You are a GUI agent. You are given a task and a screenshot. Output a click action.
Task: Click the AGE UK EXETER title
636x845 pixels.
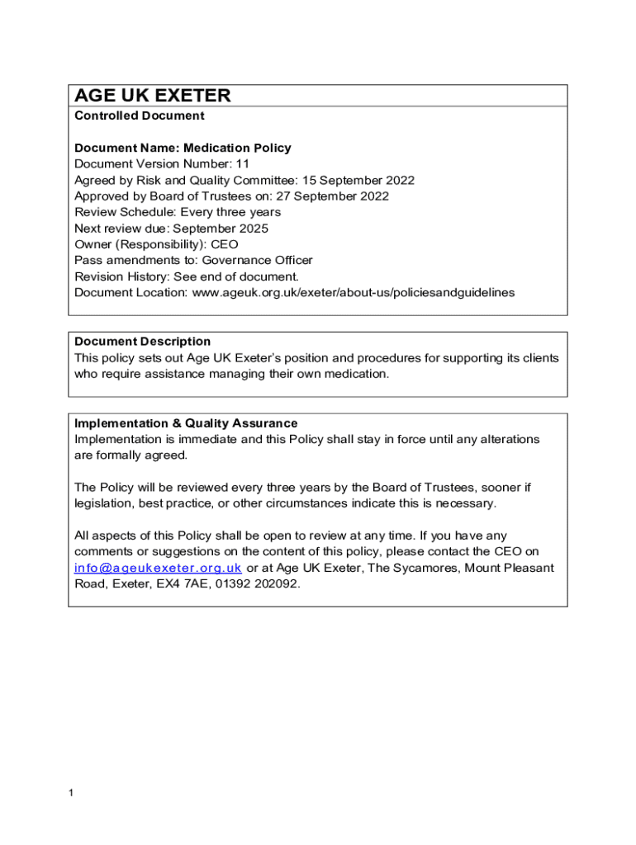click(x=153, y=96)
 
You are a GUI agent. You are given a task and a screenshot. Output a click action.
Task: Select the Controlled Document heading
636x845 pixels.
click(x=139, y=116)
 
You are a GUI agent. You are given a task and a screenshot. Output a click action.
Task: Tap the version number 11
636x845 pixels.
click(x=242, y=164)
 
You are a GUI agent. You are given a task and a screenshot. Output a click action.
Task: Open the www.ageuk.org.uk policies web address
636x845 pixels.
click(x=354, y=293)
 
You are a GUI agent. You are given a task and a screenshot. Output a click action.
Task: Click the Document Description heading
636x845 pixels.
click(x=142, y=342)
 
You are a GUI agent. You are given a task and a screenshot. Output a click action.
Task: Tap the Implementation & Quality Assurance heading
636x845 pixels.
click(x=186, y=423)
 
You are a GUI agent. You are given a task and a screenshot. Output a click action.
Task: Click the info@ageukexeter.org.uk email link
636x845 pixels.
click(x=158, y=569)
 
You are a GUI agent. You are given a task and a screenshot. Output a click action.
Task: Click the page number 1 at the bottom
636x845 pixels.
click(x=72, y=794)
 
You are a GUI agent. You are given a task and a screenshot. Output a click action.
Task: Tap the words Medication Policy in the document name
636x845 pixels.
click(x=237, y=149)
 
